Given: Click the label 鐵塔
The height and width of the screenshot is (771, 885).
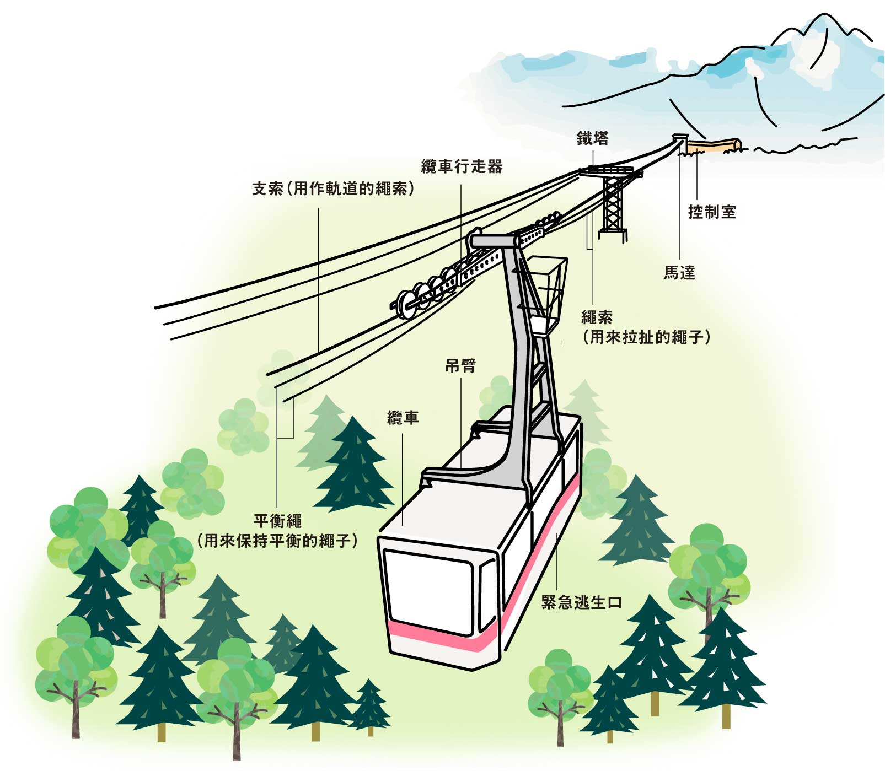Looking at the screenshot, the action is (x=592, y=138).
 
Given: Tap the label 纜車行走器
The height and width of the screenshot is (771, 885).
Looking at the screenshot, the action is (x=462, y=166).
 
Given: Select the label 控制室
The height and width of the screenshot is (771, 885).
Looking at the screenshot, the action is (x=712, y=212).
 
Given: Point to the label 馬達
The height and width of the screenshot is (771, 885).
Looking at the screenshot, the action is (x=679, y=272).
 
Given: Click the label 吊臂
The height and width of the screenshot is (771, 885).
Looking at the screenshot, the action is (x=460, y=365).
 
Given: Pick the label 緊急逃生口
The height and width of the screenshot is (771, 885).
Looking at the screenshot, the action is (x=581, y=602).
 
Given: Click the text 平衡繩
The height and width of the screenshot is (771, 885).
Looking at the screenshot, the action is (x=277, y=521).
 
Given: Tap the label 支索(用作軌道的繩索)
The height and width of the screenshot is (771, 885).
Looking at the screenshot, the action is (x=333, y=188).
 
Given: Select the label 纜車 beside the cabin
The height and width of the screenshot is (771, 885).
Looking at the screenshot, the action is (x=403, y=418).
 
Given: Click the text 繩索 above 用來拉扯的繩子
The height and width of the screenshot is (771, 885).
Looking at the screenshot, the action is (x=597, y=317).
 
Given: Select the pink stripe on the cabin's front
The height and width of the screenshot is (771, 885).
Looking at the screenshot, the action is (x=441, y=633).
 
